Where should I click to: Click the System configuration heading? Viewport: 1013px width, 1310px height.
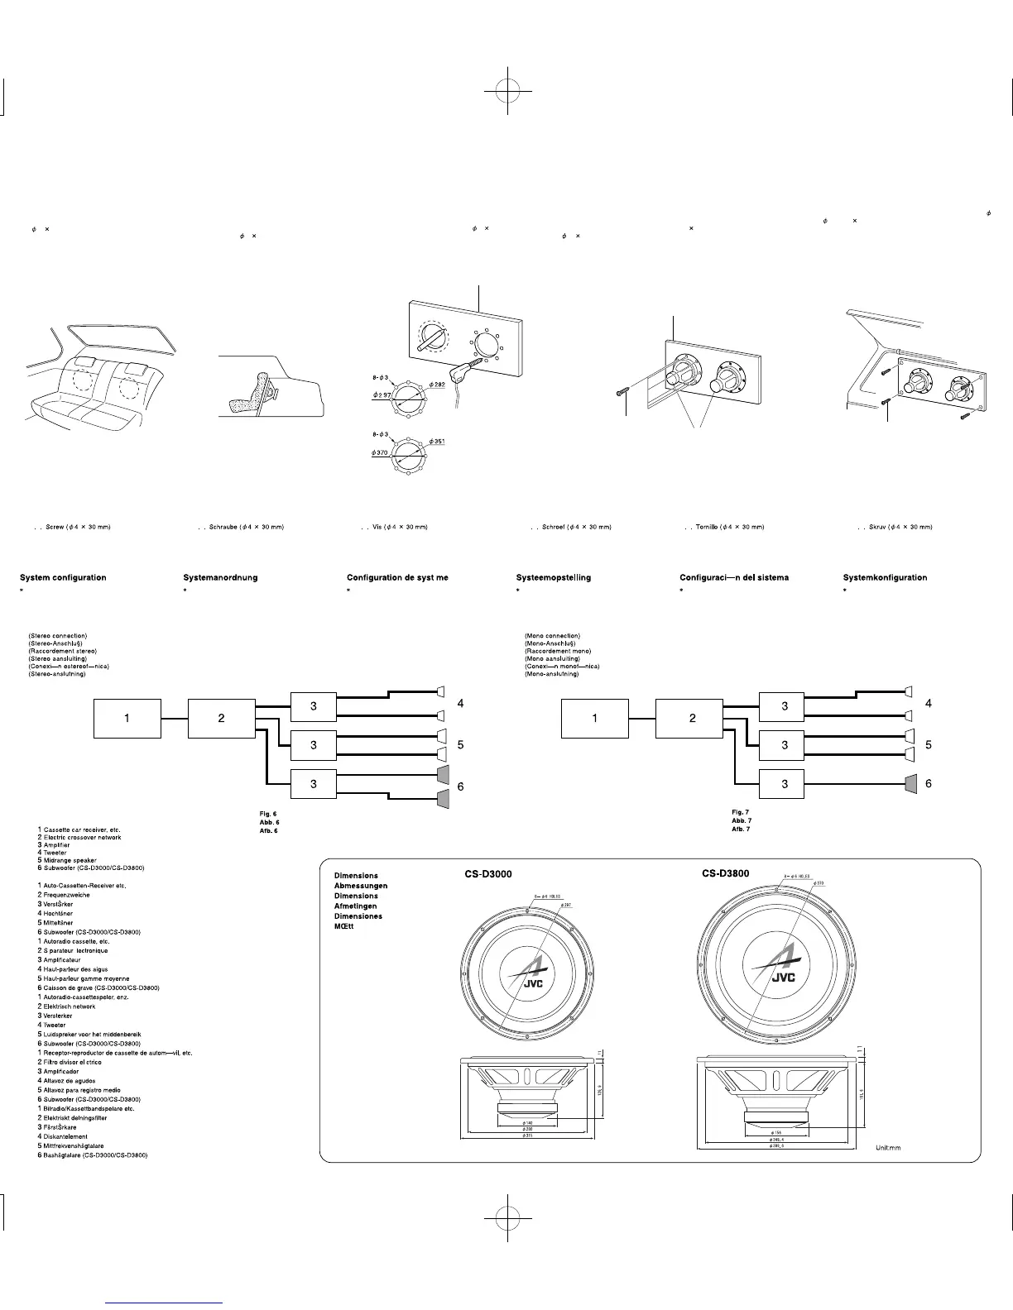63,577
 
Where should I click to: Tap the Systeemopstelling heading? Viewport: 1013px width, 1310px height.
553,577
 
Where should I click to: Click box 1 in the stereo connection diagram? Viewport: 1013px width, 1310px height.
127,718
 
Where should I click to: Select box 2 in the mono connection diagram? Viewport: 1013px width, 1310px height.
693,718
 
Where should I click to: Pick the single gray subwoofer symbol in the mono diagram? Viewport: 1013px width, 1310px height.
911,783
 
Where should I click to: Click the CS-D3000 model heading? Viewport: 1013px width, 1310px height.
488,875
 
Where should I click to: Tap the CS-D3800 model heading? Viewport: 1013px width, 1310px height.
726,873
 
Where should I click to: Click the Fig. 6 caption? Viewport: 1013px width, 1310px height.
268,814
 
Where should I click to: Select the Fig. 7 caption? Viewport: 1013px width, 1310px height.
741,812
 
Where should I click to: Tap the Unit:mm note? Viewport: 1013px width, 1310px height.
888,1148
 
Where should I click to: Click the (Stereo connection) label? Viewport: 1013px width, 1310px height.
58,636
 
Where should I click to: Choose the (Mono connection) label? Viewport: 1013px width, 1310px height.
552,636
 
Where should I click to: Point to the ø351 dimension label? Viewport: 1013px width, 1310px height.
436,442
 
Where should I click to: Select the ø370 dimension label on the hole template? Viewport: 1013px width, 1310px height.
381,452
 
